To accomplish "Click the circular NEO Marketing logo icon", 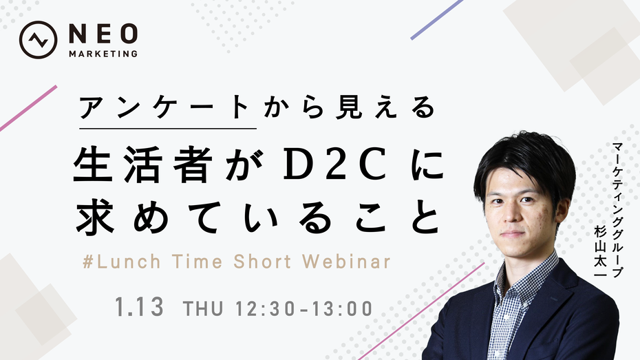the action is pyautogui.click(x=38, y=40).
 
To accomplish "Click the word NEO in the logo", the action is pyautogui.click(x=103, y=34).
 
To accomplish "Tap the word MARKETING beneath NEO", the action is pyautogui.click(x=103, y=54).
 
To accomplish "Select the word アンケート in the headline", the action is pyautogui.click(x=164, y=107).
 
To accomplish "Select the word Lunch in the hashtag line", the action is pyautogui.click(x=129, y=262).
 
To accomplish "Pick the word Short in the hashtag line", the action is pyautogui.click(x=262, y=262).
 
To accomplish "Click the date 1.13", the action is pyautogui.click(x=139, y=308).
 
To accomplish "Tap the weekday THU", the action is pyautogui.click(x=203, y=309).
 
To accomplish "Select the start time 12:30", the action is pyautogui.click(x=266, y=309).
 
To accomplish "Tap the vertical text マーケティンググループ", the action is pyautogui.click(x=617, y=210).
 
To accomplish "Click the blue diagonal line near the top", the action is pyautogui.click(x=436, y=19).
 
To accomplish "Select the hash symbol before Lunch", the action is pyautogui.click(x=88, y=262).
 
